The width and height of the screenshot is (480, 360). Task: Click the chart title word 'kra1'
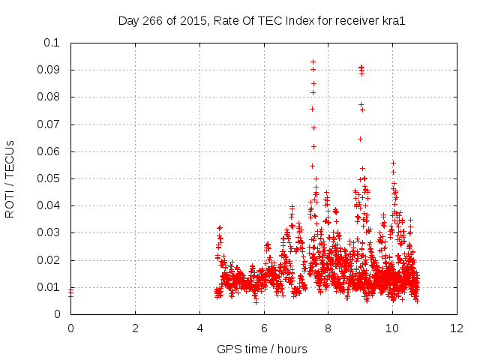point(393,20)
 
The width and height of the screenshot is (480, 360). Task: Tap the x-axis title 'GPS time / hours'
point(262,349)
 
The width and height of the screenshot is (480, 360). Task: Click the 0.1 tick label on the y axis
point(52,43)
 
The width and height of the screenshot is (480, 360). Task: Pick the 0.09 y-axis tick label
point(49,70)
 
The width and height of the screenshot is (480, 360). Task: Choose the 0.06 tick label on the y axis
point(49,151)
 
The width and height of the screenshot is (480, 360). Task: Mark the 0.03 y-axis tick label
point(49,233)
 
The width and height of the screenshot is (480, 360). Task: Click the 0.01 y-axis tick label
point(49,287)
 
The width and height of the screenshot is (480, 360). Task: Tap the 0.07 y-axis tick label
point(49,124)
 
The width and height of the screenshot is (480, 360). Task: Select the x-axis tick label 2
point(135,328)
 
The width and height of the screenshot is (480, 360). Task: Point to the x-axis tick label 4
point(199,328)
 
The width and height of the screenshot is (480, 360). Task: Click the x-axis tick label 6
point(264,328)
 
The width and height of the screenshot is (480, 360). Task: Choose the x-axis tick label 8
point(328,328)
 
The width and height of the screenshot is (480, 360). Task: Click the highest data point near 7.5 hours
point(313,61)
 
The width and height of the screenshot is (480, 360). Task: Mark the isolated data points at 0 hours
point(70,292)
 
